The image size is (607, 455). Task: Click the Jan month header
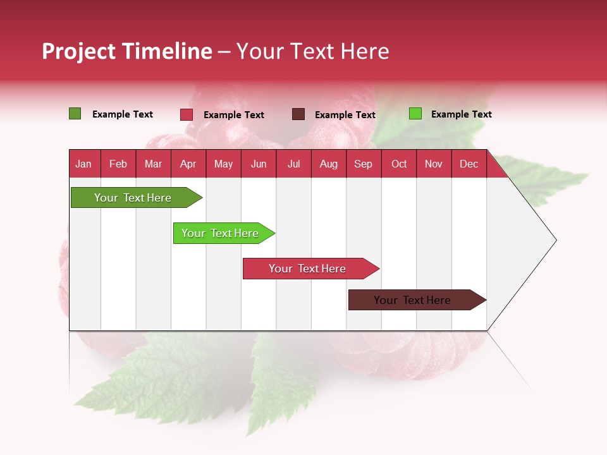click(x=83, y=164)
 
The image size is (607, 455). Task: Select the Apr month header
click(x=188, y=164)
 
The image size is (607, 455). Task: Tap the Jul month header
click(x=293, y=164)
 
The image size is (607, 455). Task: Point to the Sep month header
click(x=363, y=164)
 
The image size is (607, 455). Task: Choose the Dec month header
click(x=469, y=164)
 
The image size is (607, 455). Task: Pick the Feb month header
click(x=118, y=164)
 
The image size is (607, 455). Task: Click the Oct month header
click(x=399, y=164)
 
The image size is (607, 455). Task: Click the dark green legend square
click(x=75, y=114)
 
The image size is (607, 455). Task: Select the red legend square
click(x=187, y=114)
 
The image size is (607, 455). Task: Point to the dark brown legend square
click(x=298, y=114)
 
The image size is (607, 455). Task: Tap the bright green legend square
click(x=415, y=114)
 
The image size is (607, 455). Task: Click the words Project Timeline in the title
click(x=127, y=51)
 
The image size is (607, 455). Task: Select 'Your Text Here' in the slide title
click(x=312, y=51)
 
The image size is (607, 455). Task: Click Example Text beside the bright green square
click(x=461, y=114)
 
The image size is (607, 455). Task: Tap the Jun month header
click(x=259, y=164)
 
